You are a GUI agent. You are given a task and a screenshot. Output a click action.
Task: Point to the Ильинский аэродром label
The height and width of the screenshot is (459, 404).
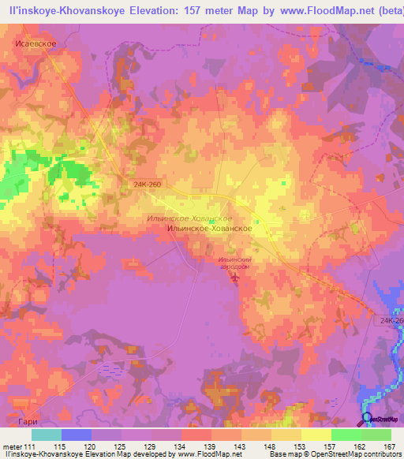234,263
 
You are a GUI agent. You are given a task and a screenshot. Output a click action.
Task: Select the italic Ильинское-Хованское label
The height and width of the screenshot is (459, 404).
189,218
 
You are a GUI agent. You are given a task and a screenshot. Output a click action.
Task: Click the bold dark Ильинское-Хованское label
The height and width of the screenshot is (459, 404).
210,228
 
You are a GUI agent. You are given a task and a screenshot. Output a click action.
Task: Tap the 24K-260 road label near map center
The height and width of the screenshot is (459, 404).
148,183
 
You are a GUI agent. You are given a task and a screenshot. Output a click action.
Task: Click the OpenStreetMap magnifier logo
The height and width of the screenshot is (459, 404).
368,418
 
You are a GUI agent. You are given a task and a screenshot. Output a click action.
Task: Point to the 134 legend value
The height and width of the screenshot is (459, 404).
183,446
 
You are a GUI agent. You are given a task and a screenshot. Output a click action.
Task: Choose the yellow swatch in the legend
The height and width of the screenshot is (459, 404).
316,435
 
